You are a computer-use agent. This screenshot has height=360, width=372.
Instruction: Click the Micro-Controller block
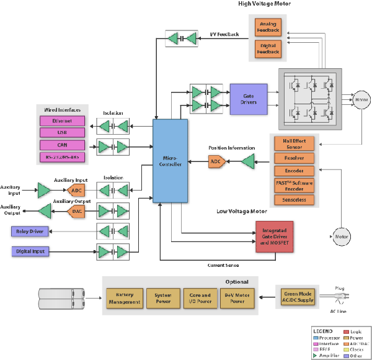click(x=170, y=161)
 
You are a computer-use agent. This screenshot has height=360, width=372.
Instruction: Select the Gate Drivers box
click(x=248, y=98)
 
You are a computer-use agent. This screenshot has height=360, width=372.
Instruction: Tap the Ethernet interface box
click(x=61, y=121)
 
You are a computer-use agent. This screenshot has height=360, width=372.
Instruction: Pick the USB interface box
click(x=61, y=133)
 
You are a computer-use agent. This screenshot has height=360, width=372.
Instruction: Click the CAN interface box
click(x=61, y=145)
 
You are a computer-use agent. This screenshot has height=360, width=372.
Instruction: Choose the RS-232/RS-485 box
click(x=61, y=156)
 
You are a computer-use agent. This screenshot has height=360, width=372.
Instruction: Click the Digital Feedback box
click(x=269, y=48)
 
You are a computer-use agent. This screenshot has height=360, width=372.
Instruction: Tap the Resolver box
click(x=294, y=159)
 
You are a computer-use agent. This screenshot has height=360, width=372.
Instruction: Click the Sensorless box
click(x=294, y=200)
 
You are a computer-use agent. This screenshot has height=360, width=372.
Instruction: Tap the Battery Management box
click(x=124, y=299)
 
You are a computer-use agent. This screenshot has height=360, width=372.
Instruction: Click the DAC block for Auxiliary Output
click(x=76, y=211)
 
